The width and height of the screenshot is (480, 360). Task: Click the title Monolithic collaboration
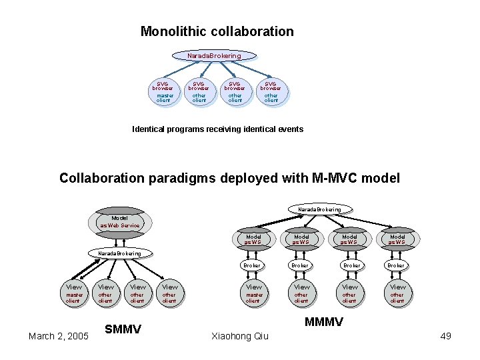tap(217, 31)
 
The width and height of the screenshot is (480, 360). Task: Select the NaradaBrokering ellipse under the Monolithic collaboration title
tap(214, 56)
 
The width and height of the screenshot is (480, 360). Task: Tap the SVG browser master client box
tap(163, 92)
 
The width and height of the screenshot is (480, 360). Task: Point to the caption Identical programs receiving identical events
tap(217, 129)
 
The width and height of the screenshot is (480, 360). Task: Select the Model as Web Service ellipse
tap(120, 222)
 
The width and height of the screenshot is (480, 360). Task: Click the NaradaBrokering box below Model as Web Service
tap(120, 253)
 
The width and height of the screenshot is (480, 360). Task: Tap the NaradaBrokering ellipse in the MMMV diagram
tap(319, 209)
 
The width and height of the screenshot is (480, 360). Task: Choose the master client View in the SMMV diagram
tap(74, 293)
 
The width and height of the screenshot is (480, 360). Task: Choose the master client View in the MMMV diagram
tap(253, 293)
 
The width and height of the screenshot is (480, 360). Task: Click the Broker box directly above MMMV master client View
tap(252, 265)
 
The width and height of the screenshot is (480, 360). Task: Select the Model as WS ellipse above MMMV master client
tap(253, 238)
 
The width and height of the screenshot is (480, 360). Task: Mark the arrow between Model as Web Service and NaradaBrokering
tap(120, 241)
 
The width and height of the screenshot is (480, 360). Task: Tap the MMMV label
tap(323, 323)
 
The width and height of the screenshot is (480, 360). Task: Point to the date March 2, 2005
tap(58, 336)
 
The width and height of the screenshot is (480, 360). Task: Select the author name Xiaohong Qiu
tap(239, 336)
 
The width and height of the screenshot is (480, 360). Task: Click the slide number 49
tap(446, 336)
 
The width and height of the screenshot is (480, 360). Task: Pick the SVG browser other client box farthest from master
tap(271, 92)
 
